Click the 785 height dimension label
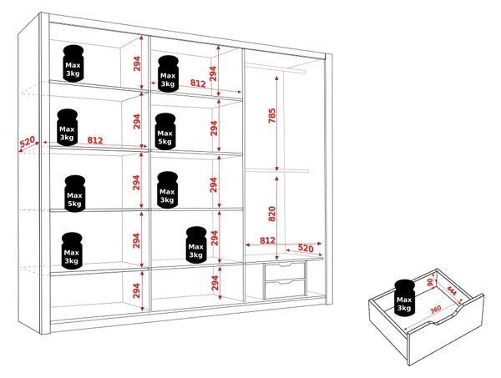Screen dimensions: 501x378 tap(271, 116)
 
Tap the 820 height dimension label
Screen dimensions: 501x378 tap(271, 214)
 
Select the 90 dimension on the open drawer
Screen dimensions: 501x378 tap(430, 282)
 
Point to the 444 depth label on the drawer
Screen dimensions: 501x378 tap(452, 291)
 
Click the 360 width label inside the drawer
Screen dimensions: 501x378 tap(436, 309)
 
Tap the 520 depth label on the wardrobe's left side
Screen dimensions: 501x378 tap(28, 142)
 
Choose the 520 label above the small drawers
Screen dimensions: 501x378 tap(306, 248)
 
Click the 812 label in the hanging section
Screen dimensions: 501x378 tap(267, 240)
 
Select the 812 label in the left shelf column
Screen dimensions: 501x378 tap(95, 140)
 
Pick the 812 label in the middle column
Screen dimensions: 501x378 tap(198, 83)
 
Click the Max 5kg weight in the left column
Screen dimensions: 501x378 tap(75, 194)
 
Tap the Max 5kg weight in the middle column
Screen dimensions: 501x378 tap(165, 131)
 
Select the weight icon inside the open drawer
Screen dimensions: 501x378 tap(404, 298)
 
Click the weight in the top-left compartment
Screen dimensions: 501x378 tap(73, 63)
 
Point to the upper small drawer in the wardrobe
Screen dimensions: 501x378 tap(285, 270)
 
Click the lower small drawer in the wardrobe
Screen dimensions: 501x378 tap(285, 288)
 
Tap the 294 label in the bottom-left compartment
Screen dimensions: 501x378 tap(136, 290)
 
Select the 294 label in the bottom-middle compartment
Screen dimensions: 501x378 tap(215, 283)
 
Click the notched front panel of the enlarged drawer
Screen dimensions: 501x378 tap(446, 330)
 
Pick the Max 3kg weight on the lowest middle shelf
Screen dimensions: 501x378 tap(196, 244)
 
